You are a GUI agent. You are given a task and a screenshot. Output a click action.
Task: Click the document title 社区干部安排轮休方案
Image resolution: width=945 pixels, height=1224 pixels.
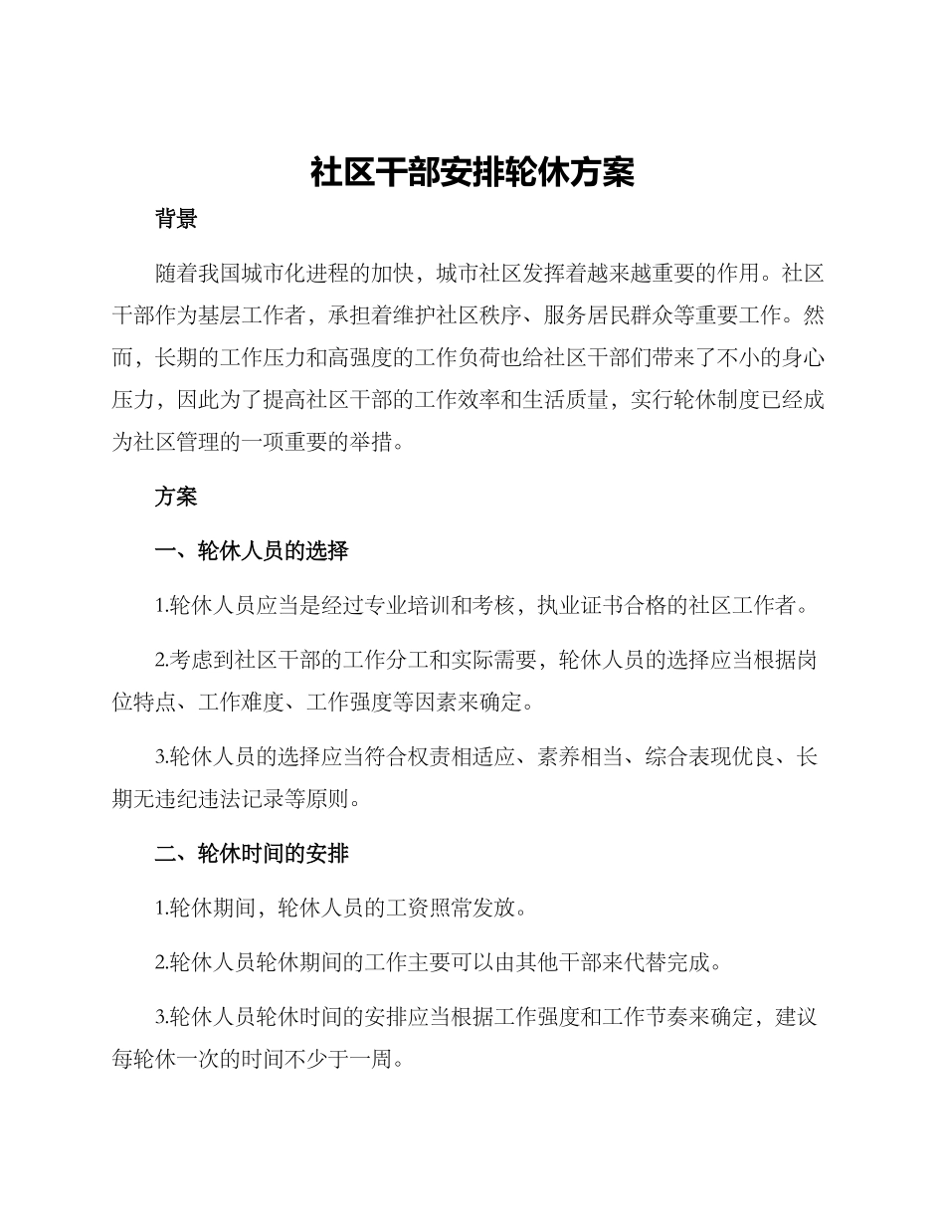tap(472, 173)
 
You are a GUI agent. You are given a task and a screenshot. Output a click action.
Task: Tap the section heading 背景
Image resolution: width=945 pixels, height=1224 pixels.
tap(176, 219)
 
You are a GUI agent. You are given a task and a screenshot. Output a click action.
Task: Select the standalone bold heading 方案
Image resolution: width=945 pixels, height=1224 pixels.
tap(176, 497)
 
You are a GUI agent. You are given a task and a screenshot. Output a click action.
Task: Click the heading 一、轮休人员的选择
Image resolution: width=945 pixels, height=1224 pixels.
tap(252, 550)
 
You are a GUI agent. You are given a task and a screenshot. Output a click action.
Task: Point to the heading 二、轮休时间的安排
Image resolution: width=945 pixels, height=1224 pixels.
tap(252, 854)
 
